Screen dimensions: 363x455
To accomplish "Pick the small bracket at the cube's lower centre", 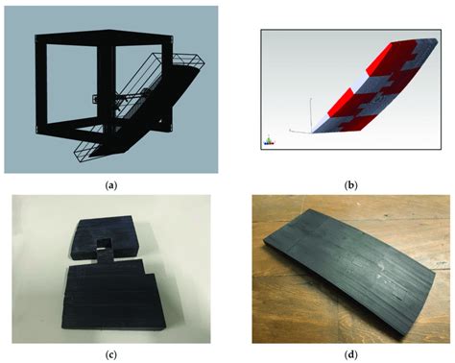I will [x=97, y=99].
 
